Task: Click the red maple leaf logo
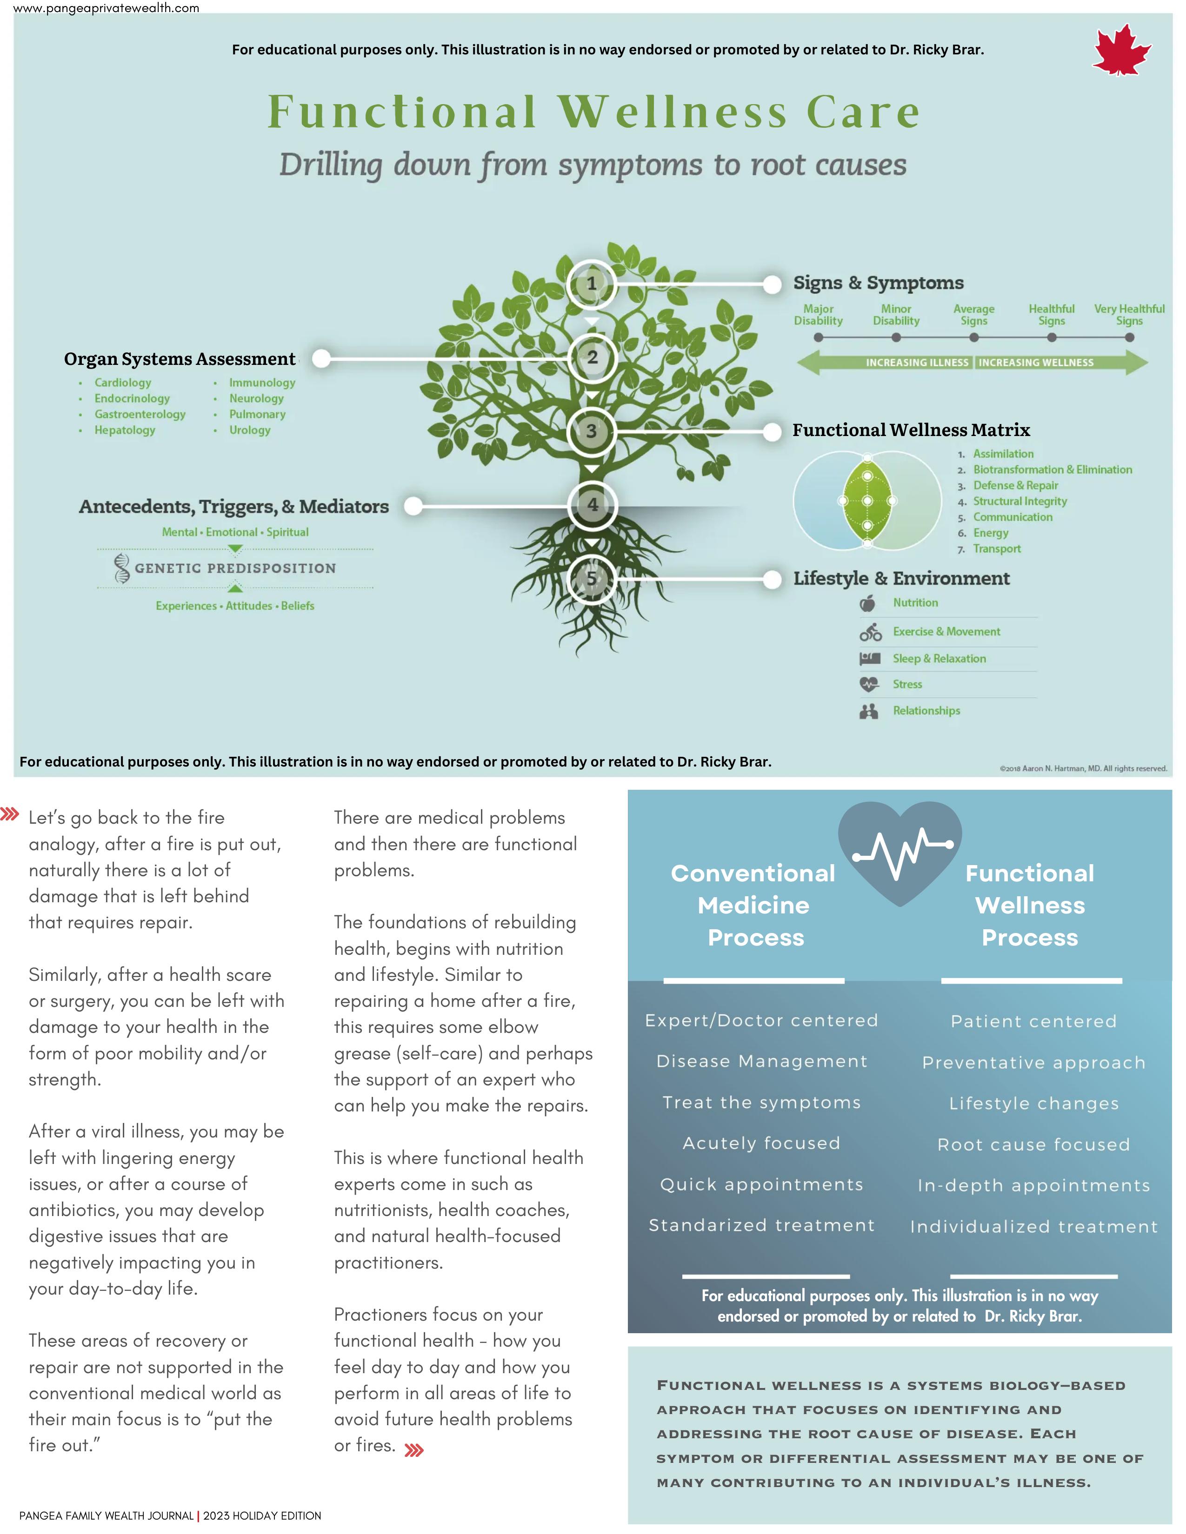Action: tap(1121, 51)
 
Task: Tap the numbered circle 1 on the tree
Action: tap(592, 284)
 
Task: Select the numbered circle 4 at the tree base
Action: tap(592, 504)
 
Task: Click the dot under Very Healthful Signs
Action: tap(1129, 338)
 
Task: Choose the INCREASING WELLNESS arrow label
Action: tap(1036, 363)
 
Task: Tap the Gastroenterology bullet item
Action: tap(140, 414)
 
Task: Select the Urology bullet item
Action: tap(249, 430)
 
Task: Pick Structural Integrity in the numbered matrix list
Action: tap(1019, 502)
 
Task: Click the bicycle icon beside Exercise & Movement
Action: tap(870, 632)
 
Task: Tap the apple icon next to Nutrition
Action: tap(868, 603)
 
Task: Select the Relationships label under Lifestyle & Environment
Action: tap(926, 711)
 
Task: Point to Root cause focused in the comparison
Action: tap(1033, 1145)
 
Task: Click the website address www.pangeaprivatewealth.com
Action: tap(106, 8)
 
